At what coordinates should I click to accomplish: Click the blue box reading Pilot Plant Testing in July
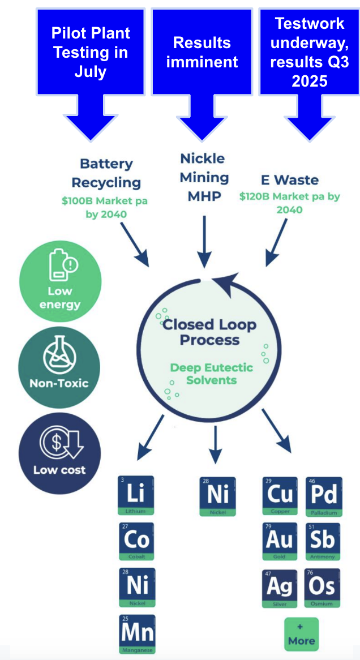coord(90,52)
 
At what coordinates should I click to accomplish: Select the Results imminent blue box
coord(202,52)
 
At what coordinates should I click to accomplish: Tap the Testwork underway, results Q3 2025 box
coord(310,52)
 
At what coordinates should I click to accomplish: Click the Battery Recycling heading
coord(106,173)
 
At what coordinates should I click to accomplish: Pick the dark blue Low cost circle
coord(59,453)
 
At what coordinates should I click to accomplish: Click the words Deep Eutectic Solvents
coord(211,374)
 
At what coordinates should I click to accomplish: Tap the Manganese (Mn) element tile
coord(136,633)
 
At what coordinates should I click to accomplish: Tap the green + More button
coord(301,634)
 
